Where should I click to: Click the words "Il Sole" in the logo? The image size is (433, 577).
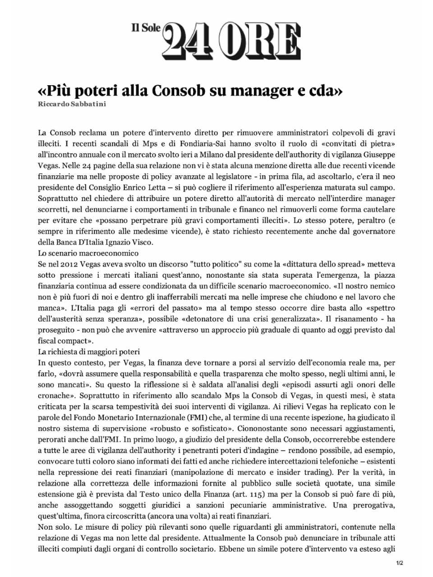coord(146,28)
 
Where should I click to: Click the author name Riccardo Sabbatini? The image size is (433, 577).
coord(72,104)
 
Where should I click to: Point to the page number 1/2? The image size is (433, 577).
coord(399,563)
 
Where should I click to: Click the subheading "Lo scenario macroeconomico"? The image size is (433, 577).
coord(88,253)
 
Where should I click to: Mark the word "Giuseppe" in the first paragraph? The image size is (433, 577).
coord(380,155)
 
